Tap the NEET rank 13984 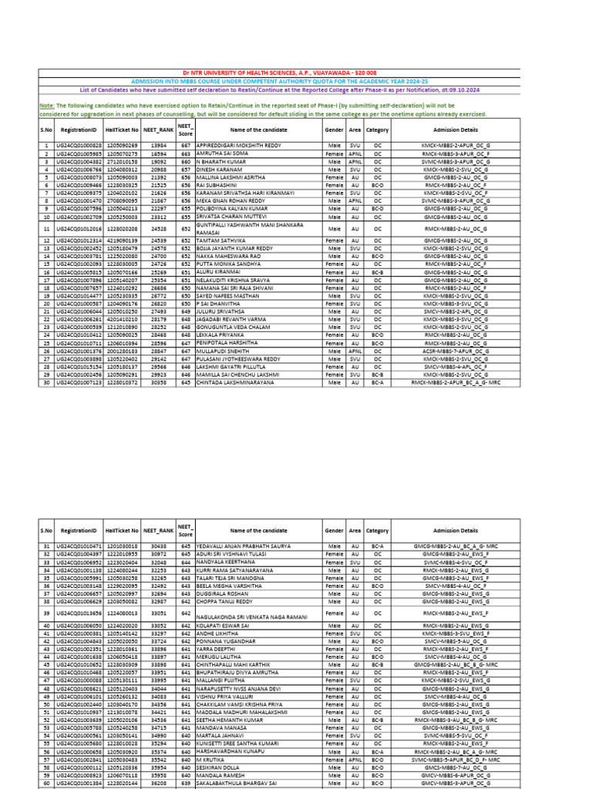pyautogui.click(x=159, y=145)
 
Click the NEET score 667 pyautogui.click(x=186, y=145)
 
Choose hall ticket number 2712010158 pyautogui.click(x=122, y=163)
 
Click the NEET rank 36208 pyautogui.click(x=159, y=781)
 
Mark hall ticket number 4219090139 pyautogui.click(x=122, y=241)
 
